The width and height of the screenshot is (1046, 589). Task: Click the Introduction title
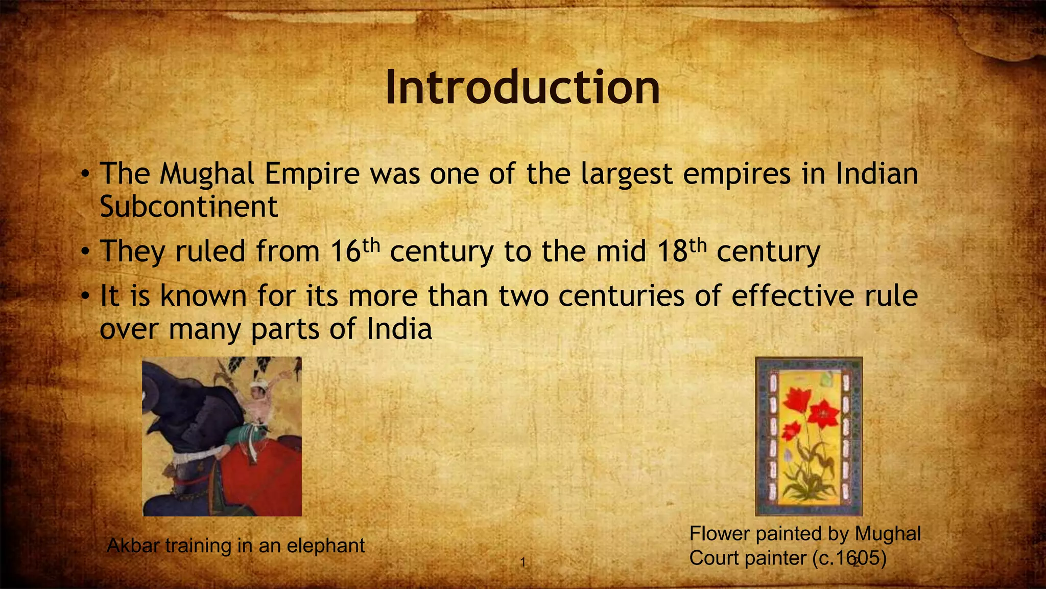tap(522, 87)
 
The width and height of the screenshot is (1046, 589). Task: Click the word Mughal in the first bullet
tap(207, 174)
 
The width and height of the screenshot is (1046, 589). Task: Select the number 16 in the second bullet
tap(346, 252)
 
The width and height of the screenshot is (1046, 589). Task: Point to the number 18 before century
tap(672, 252)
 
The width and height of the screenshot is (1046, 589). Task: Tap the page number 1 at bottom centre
tap(522, 563)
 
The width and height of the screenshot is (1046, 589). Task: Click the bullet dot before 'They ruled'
tap(86, 252)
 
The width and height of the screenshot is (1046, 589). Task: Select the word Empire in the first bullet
tap(312, 174)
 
